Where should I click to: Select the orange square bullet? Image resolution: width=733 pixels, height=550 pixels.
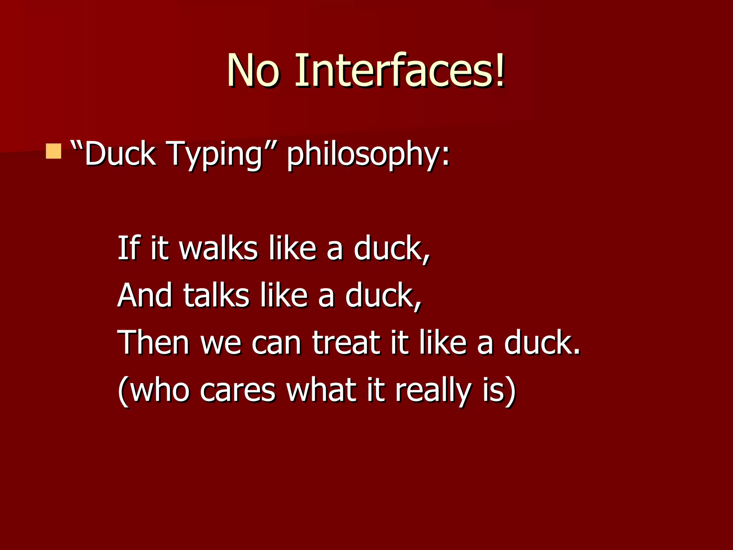[x=54, y=151]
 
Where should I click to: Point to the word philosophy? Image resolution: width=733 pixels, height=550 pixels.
[x=368, y=154]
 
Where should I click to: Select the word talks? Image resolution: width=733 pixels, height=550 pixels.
[x=216, y=295]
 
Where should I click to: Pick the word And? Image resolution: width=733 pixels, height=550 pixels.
[x=145, y=295]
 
